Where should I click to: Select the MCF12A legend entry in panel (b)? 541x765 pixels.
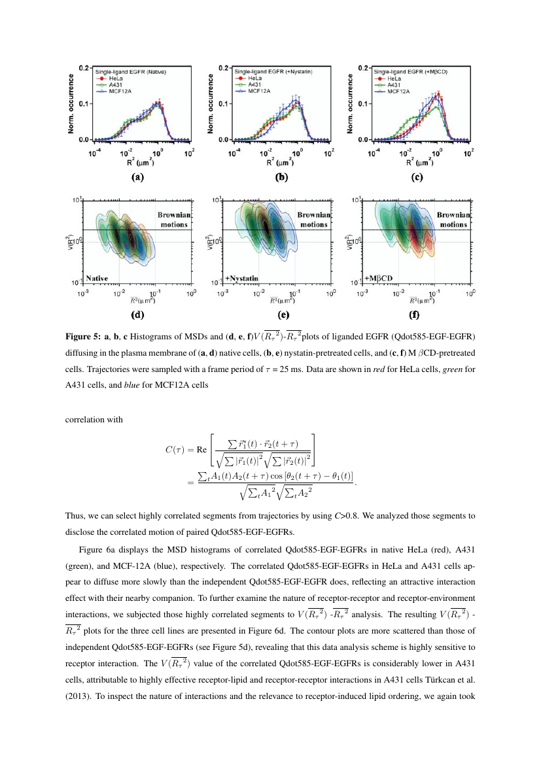coord(252,91)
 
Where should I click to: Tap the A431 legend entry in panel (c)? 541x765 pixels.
coord(388,85)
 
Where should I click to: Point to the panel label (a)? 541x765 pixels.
coord(137,177)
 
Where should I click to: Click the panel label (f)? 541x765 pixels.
coord(414,314)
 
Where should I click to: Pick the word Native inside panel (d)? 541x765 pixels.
coord(97,278)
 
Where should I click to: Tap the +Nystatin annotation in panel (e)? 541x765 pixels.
coord(241,279)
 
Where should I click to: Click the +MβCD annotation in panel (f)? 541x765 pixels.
coord(379,278)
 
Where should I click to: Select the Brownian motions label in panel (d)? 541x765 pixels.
coord(174,220)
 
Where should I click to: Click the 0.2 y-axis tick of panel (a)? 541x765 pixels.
coord(84,68)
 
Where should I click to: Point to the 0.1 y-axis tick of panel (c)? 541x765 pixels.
coord(363,103)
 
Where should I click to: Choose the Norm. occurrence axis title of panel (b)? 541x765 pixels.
coord(211,104)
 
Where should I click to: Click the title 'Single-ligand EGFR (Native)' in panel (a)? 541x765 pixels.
coord(131,72)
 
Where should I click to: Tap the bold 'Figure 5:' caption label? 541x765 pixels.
coord(84,337)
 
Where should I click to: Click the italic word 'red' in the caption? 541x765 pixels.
coord(379,369)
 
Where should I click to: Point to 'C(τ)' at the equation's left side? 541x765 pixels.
coord(174,449)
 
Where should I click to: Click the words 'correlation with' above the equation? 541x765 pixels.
coord(94,420)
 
